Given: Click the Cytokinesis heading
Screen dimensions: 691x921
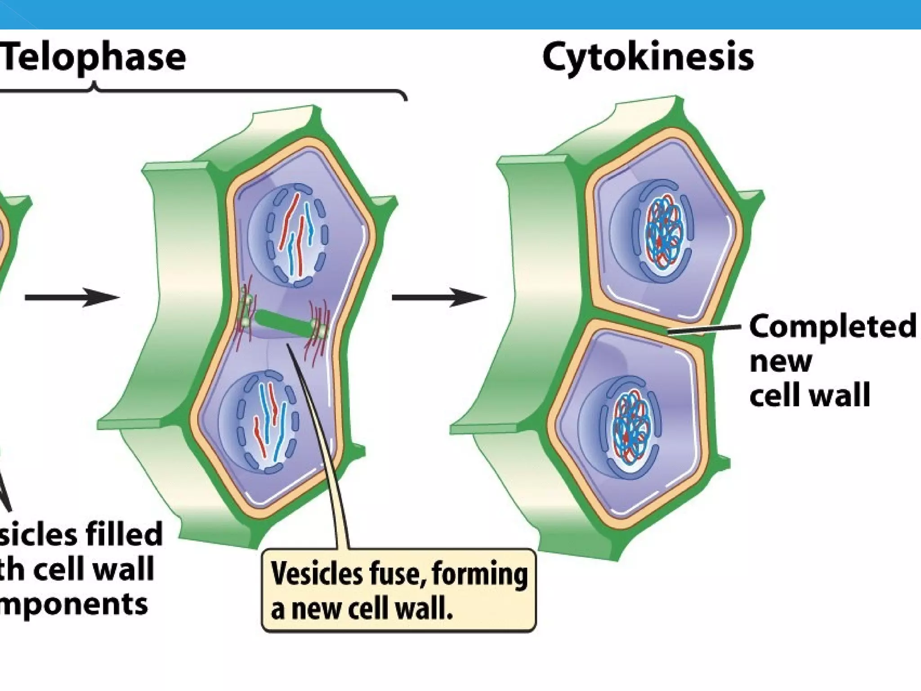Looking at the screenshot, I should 648,58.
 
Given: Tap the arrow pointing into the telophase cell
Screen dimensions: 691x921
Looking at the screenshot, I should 72,297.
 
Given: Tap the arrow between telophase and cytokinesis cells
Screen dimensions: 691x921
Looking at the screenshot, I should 439,297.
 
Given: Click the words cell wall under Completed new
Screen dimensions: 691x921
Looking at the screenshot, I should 810,395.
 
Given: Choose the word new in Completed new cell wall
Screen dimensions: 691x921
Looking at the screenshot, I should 781,361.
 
